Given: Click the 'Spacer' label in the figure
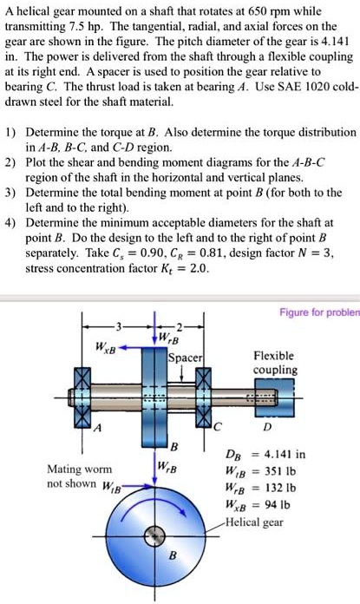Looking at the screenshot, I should click(x=185, y=357).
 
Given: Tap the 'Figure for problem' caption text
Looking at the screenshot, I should click(x=318, y=312).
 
